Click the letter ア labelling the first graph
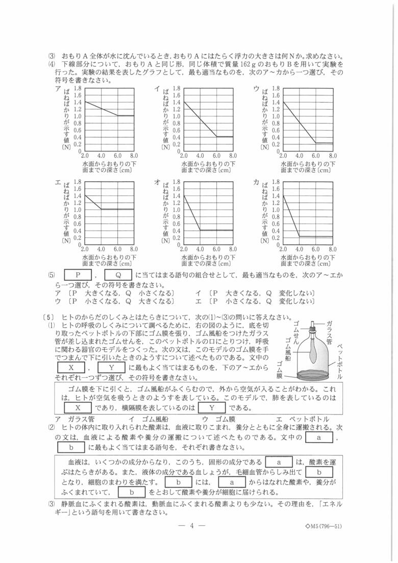58,88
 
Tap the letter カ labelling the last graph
256,182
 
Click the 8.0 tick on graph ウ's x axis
332,155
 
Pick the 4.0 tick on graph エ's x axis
101,249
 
